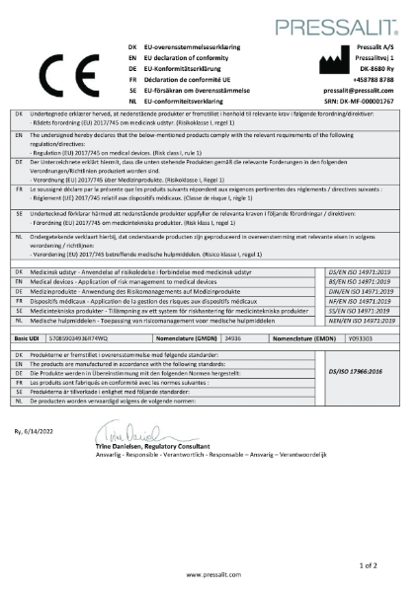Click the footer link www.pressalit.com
tap(209, 571)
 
